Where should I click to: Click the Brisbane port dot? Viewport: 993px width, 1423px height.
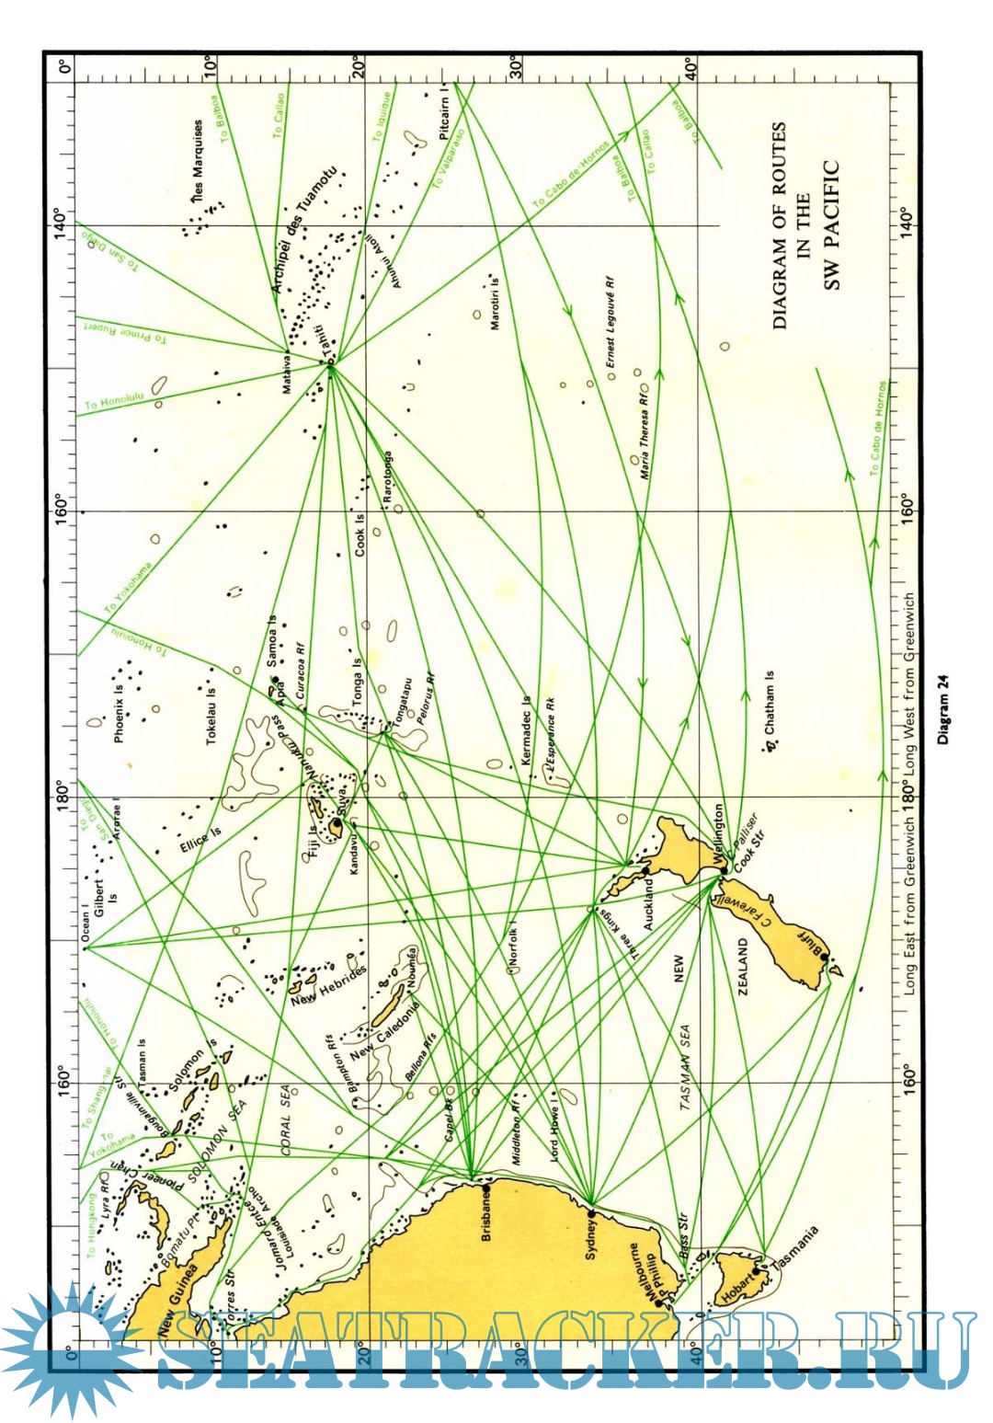(x=486, y=1188)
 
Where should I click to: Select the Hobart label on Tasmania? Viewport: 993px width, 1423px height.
(x=736, y=1284)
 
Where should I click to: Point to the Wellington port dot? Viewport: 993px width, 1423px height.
(x=724, y=869)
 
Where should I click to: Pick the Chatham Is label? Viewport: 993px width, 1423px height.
(x=769, y=702)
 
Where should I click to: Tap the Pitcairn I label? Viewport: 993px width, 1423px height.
(x=445, y=113)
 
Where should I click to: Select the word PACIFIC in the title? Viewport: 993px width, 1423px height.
(x=831, y=225)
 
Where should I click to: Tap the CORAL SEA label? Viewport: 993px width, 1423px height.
(x=288, y=1119)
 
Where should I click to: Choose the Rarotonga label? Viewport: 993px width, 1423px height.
(x=388, y=476)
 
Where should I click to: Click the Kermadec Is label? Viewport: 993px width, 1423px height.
(x=526, y=730)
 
